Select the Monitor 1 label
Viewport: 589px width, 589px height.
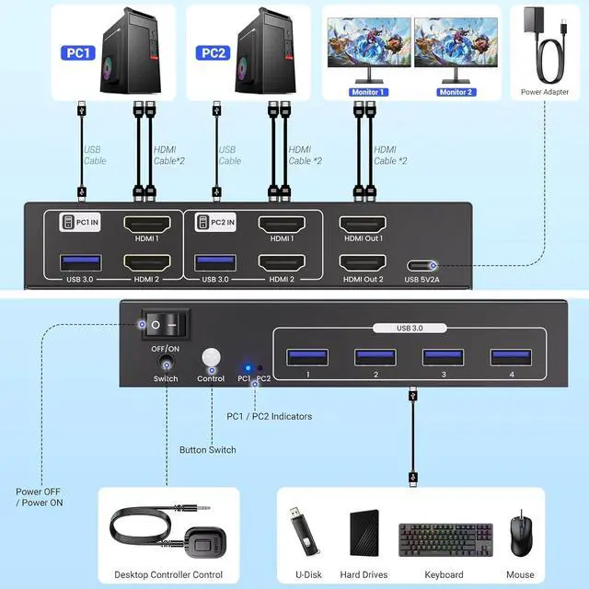click(x=368, y=92)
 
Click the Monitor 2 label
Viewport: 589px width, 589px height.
click(x=455, y=92)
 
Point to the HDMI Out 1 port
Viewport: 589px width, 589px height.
click(x=362, y=225)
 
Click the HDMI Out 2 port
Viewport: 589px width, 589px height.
click(x=362, y=261)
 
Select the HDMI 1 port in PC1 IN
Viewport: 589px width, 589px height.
click(x=147, y=225)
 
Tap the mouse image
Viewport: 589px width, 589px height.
click(x=522, y=531)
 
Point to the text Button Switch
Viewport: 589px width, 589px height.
click(x=207, y=450)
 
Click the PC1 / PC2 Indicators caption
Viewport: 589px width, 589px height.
click(x=269, y=416)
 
